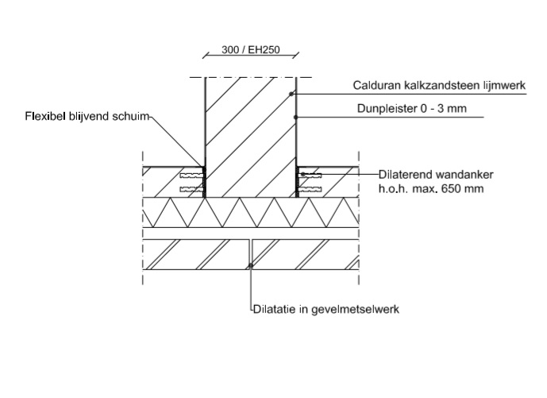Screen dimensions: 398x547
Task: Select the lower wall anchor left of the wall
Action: (x=191, y=188)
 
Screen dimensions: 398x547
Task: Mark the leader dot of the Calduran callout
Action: (x=291, y=95)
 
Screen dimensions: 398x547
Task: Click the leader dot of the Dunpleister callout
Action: (x=296, y=118)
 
